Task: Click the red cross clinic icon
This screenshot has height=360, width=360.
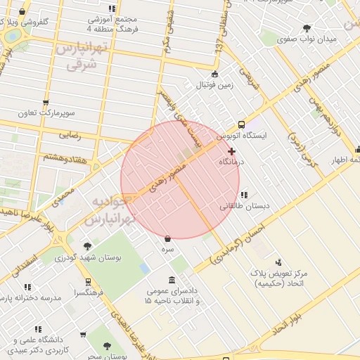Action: pos(231,151)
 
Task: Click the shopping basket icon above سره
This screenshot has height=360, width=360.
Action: pos(167,238)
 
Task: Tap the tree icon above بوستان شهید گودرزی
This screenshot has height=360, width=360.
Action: pos(86,246)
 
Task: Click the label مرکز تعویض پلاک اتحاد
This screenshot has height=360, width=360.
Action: pos(281,278)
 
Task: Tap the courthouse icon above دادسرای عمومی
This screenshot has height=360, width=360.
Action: pos(172,281)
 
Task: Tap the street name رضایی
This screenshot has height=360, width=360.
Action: pos(70,134)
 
